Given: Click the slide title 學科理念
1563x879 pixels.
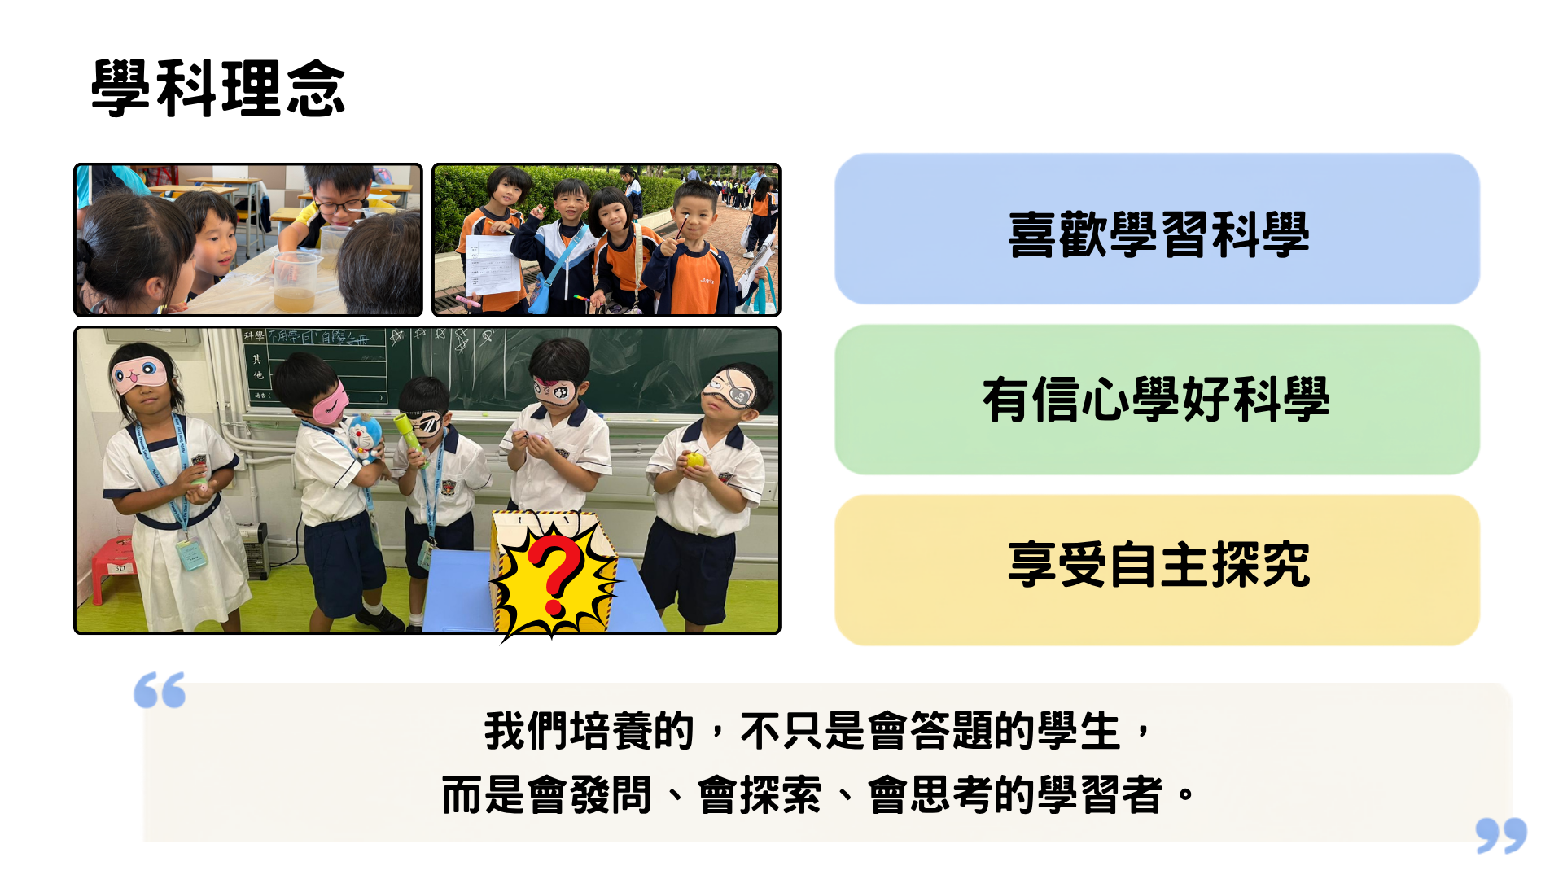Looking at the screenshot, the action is point(218,88).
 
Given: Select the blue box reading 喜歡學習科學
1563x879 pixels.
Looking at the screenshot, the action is point(1157,230).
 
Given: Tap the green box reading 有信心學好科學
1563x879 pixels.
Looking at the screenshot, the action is point(1157,400).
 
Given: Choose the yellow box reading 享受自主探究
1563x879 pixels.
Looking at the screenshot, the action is point(1157,570).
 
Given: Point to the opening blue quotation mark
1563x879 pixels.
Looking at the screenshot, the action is point(160,690).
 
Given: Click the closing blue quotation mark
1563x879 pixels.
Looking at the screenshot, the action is point(1501,835).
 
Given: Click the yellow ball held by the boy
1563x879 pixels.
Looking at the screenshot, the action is point(694,460).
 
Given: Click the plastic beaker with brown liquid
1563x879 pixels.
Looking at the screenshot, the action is point(294,282).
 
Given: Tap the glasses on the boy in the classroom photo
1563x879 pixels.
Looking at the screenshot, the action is point(341,205).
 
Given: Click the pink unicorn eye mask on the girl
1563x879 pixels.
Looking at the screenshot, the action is point(139,374).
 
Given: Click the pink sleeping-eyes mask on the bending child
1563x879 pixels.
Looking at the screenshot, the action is point(330,403).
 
